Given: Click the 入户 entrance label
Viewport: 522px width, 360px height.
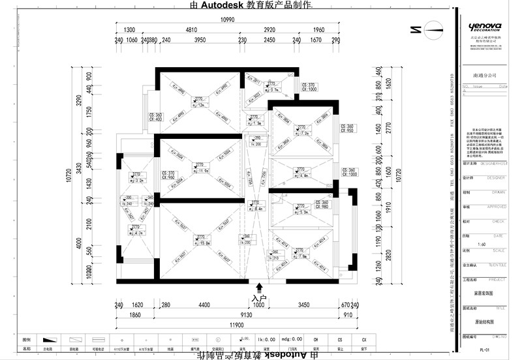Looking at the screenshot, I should tap(260, 297).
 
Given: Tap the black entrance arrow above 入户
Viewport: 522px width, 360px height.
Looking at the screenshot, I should tap(260, 286).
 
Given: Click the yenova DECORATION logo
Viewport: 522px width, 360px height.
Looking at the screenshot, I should tap(485, 27).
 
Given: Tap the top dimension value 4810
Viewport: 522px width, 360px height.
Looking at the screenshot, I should tap(191, 31).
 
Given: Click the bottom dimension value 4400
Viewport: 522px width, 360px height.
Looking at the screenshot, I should tap(204, 305).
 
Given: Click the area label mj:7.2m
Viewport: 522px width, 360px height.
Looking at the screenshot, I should tap(301, 132).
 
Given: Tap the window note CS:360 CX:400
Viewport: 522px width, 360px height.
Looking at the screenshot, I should tap(155, 117).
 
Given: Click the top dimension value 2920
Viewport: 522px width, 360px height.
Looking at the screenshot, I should tap(269, 31).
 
